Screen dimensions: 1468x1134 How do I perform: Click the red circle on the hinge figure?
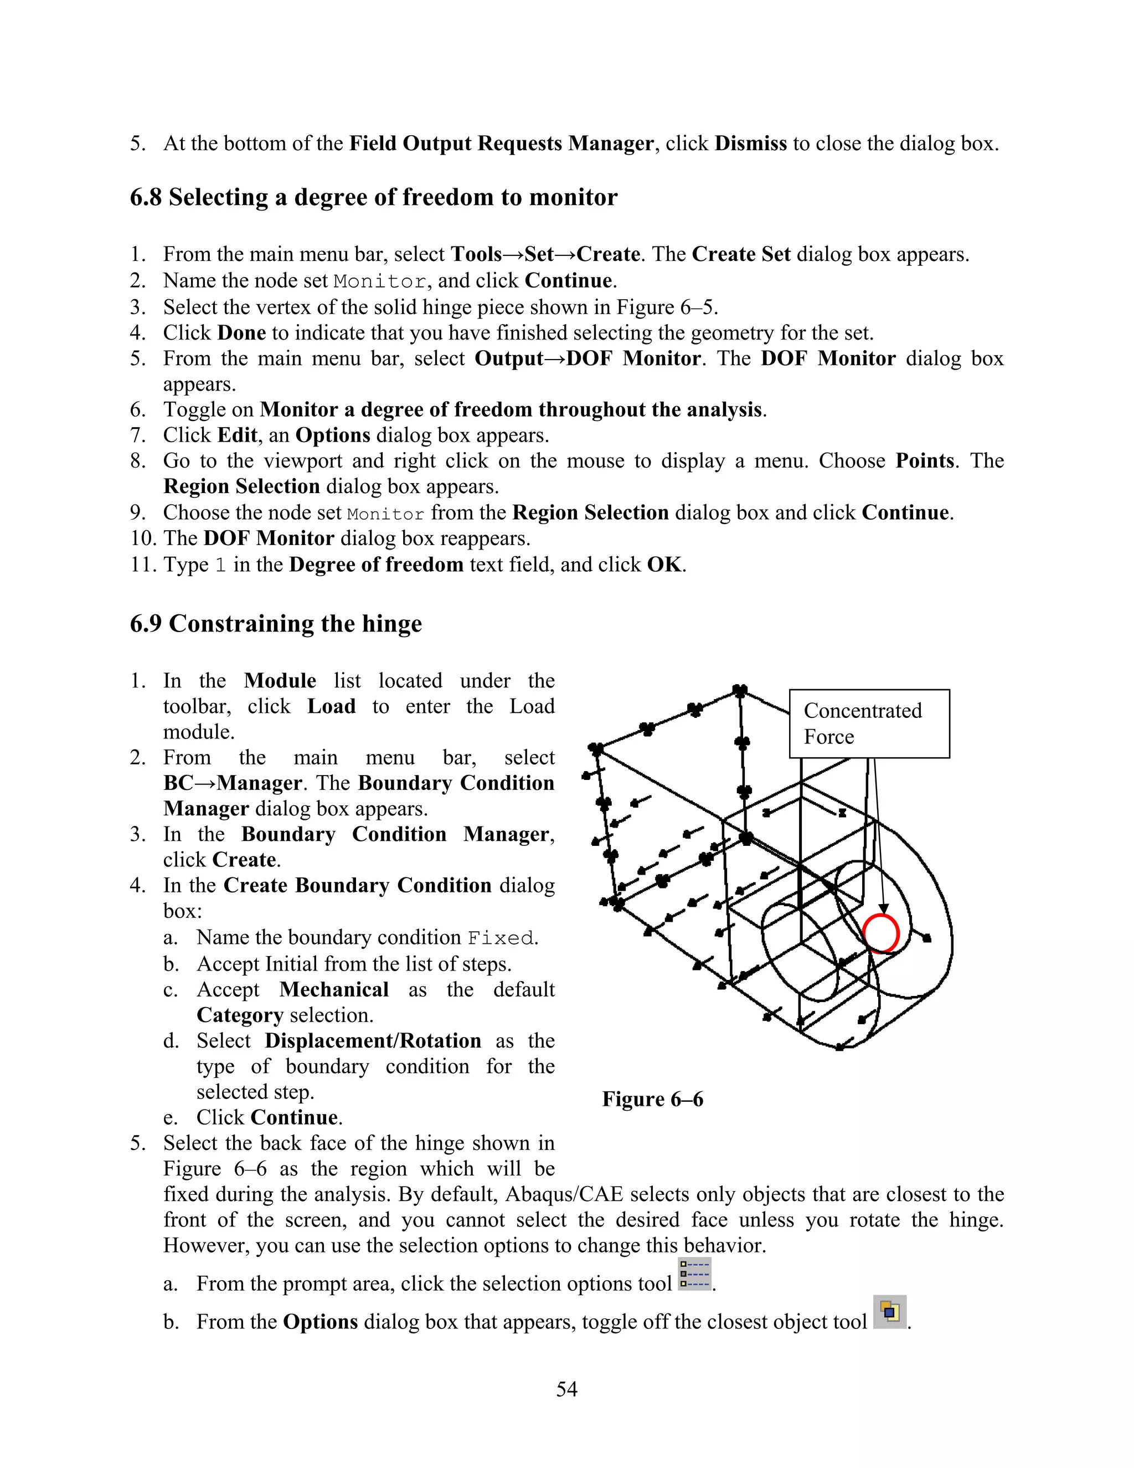point(881,933)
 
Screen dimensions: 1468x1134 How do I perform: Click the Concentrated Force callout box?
point(869,724)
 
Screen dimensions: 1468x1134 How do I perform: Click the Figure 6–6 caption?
point(652,1099)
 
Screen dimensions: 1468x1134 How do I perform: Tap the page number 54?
point(566,1389)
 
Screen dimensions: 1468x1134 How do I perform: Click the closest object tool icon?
point(889,1312)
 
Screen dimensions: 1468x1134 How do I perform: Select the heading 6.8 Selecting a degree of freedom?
point(374,197)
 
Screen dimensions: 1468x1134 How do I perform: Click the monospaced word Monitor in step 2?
point(379,281)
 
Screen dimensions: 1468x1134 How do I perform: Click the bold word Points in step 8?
point(924,460)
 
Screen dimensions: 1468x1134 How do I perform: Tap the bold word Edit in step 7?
point(237,435)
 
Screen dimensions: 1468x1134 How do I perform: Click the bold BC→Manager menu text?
point(233,783)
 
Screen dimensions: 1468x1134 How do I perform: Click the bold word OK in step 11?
point(664,564)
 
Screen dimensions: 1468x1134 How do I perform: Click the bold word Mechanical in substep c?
point(334,989)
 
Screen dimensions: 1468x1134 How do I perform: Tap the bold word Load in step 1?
point(331,706)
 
